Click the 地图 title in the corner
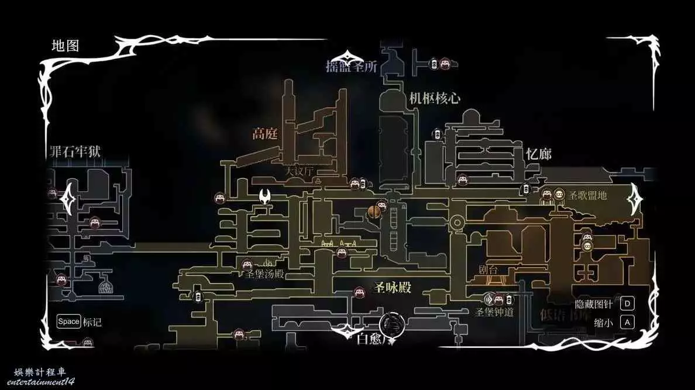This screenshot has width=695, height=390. (65, 46)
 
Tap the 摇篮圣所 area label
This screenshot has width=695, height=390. (352, 67)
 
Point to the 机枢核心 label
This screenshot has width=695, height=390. (435, 98)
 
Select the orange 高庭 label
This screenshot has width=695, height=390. (264, 134)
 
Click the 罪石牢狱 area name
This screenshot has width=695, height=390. (75, 151)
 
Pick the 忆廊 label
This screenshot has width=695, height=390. (538, 154)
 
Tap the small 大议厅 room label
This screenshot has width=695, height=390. (300, 172)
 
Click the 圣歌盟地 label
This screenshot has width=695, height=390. (587, 195)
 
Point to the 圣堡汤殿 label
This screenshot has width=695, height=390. (264, 274)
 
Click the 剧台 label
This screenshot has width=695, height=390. (487, 270)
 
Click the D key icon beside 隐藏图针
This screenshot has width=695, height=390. (627, 303)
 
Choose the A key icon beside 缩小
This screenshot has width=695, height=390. (627, 322)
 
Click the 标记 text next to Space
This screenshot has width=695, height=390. (92, 322)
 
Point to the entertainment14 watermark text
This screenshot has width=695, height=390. (45, 381)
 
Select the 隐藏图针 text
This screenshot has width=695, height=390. (594, 304)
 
